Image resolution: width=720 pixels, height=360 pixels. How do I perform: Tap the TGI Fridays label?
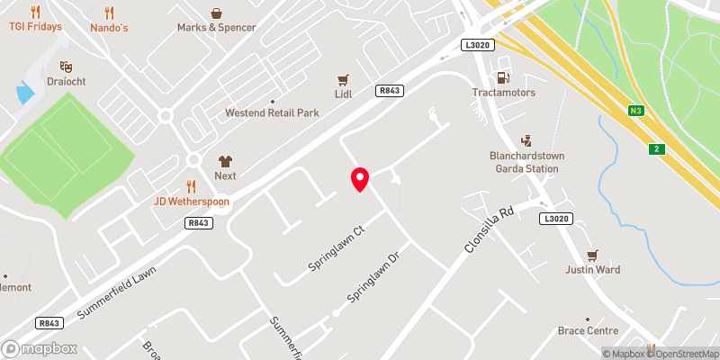click(36, 27)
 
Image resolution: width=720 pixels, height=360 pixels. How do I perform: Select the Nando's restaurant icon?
click(110, 13)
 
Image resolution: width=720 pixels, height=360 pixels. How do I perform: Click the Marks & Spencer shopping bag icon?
click(216, 13)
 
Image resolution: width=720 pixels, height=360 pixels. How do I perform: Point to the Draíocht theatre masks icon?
click(65, 67)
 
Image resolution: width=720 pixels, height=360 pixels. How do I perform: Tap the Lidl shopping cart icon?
click(342, 79)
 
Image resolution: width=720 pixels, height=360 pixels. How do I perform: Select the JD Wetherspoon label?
click(191, 201)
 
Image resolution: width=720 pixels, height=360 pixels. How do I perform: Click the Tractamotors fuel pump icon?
click(503, 77)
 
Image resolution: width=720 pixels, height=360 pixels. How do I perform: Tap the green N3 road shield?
click(635, 111)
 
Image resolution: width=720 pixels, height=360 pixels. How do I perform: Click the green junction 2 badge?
click(657, 148)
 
